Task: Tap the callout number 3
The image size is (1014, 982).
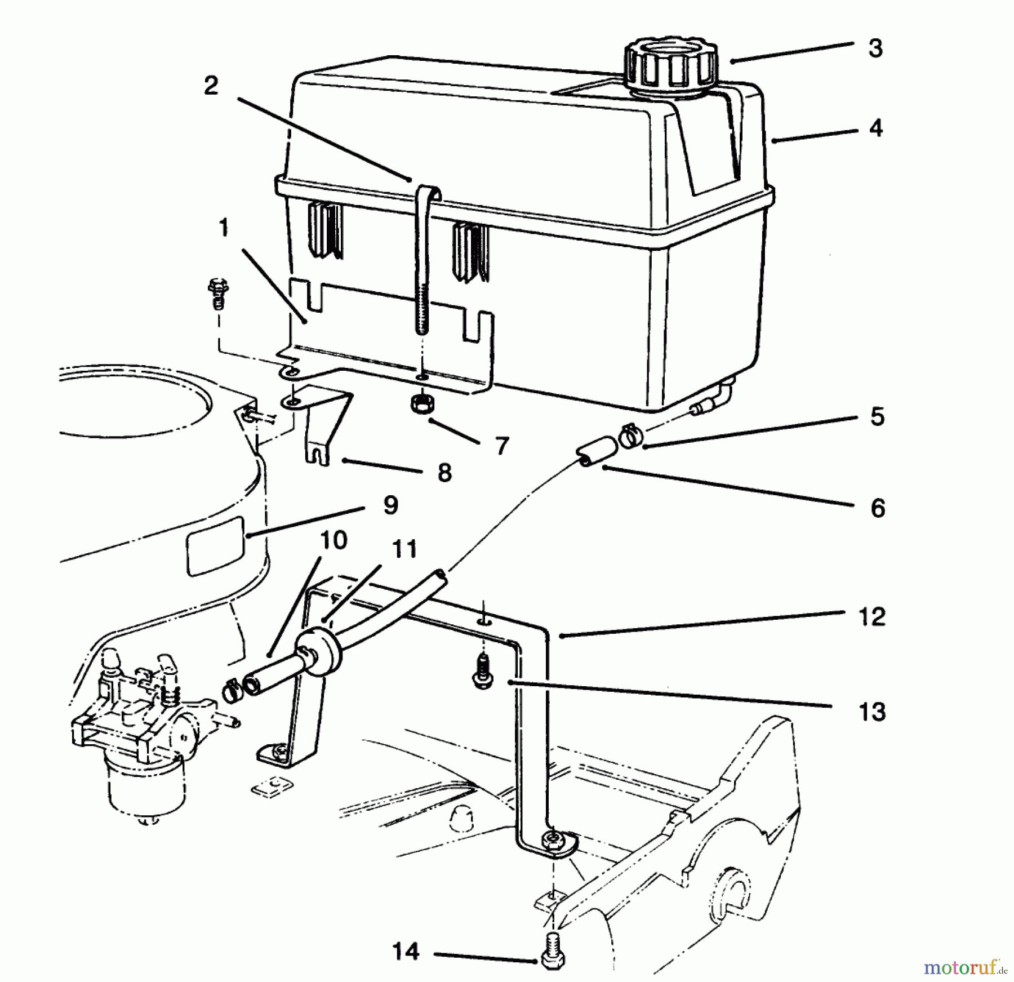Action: tap(875, 48)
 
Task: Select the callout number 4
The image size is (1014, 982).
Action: tap(875, 128)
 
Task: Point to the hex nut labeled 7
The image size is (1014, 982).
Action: tap(420, 405)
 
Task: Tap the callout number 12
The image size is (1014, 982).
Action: tap(871, 616)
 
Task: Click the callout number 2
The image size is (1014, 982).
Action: tap(211, 86)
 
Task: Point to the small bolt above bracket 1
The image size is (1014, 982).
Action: tap(216, 292)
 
